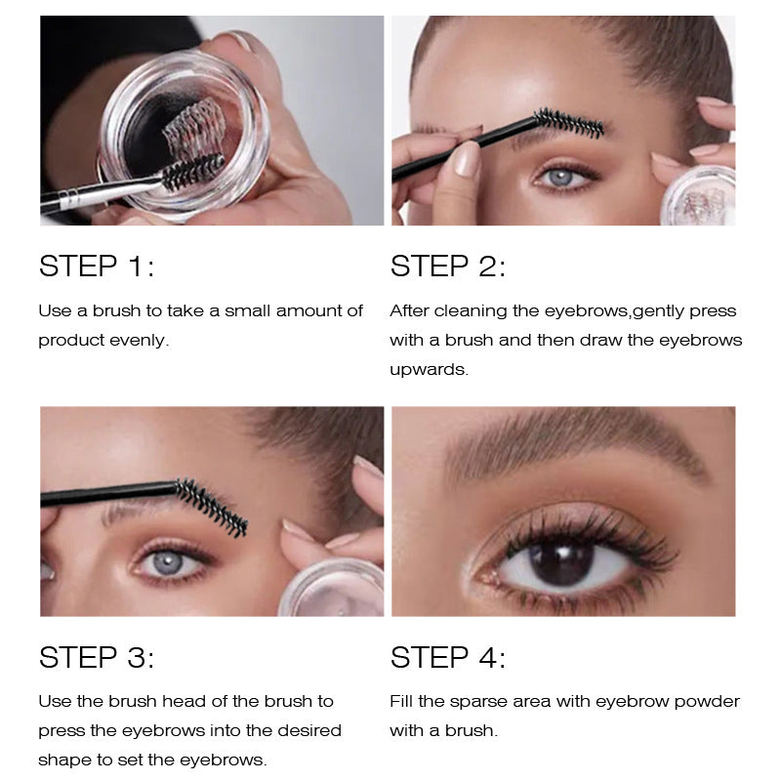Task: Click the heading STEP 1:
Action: (x=97, y=266)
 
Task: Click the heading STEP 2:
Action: (x=448, y=266)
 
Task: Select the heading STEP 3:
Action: (x=97, y=657)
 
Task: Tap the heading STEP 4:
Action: (x=448, y=657)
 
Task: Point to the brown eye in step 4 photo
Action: (x=560, y=561)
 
